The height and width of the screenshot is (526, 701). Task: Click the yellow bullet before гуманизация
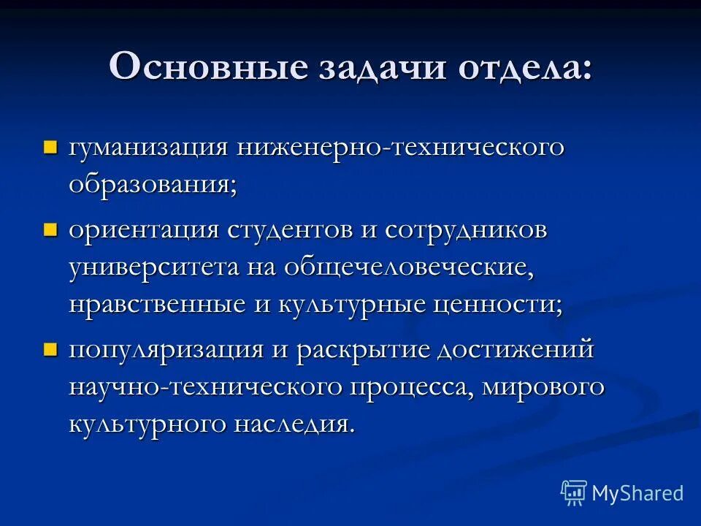[x=50, y=148]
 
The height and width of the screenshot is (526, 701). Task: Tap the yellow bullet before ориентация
[x=50, y=230]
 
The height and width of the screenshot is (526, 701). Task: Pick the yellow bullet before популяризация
[x=50, y=348]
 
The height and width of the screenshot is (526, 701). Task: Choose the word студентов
[x=292, y=232]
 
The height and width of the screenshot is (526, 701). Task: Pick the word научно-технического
[x=205, y=387]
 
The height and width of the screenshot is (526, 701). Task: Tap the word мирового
[x=543, y=387]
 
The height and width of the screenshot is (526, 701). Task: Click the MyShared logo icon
[x=574, y=493]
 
